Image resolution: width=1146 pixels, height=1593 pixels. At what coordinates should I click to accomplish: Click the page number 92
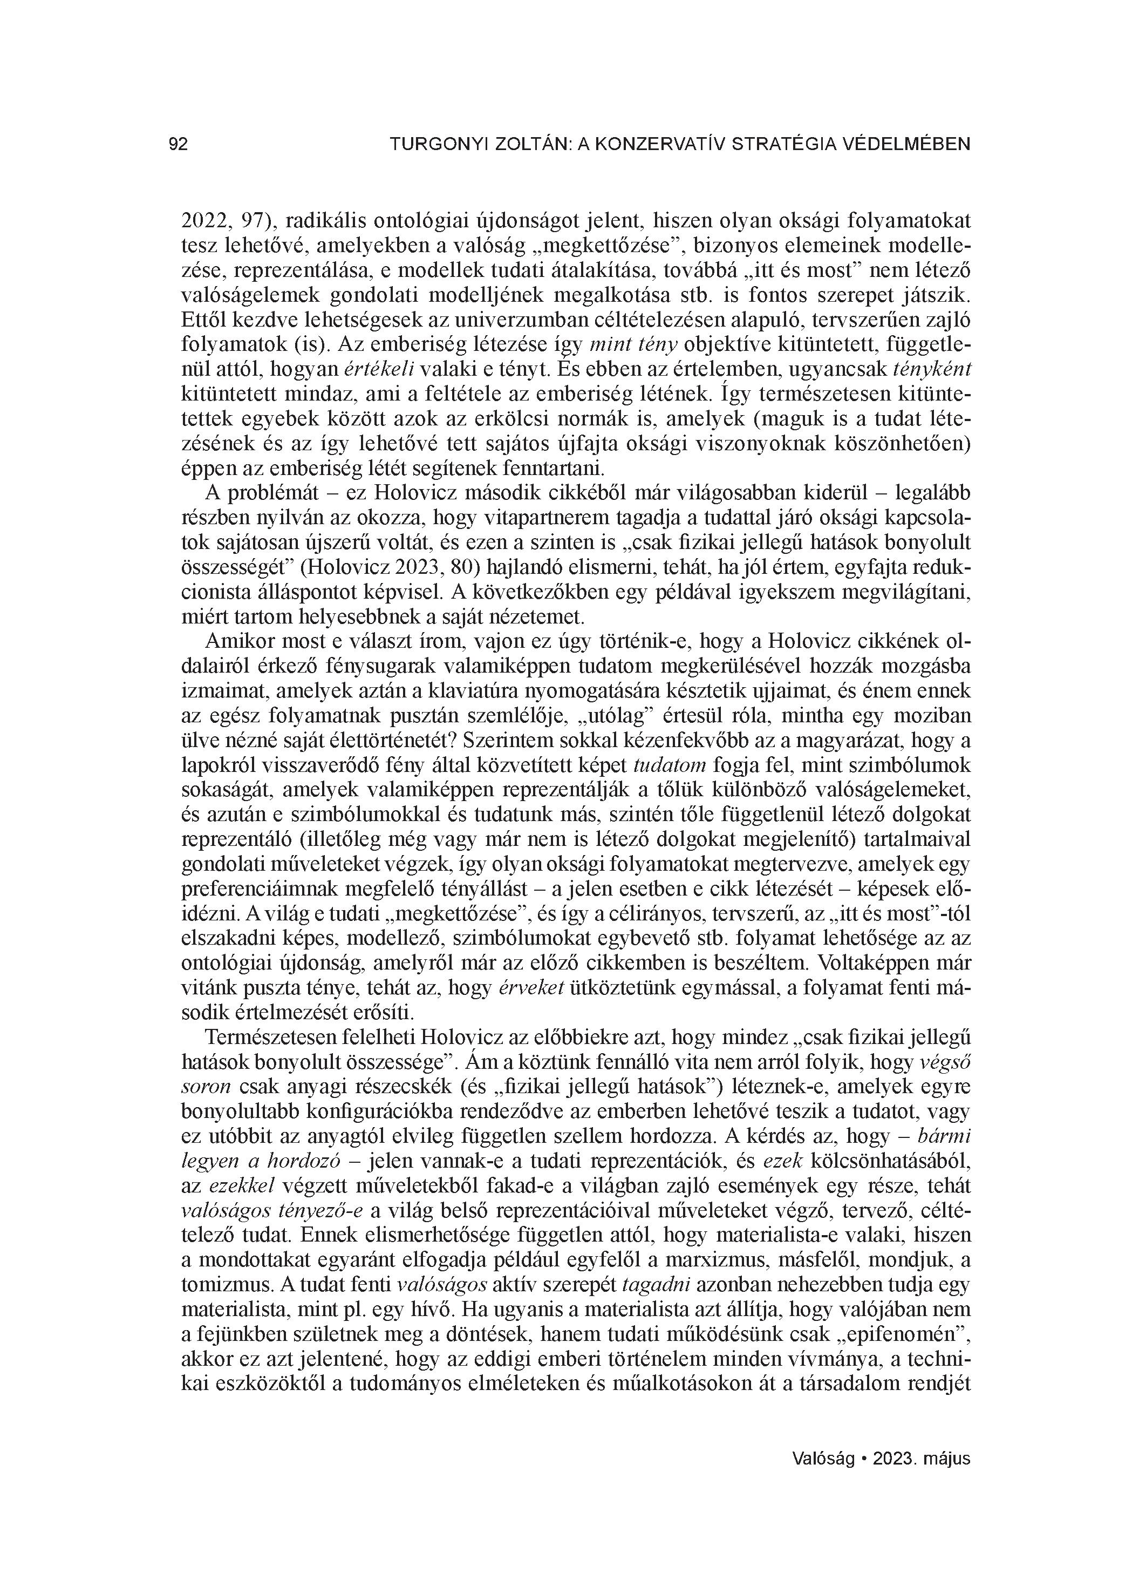179,145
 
